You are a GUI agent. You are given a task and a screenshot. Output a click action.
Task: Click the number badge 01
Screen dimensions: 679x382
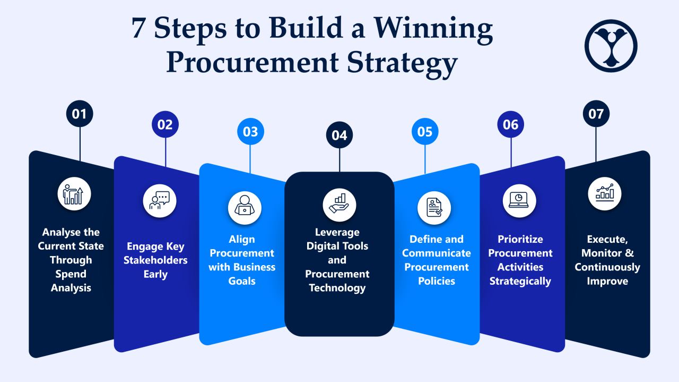tap(80, 114)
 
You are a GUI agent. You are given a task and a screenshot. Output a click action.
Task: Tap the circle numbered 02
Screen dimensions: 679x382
tap(165, 124)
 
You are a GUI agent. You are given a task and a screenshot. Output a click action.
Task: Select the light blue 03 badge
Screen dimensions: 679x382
tap(250, 131)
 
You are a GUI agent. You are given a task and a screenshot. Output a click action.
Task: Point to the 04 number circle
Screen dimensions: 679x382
tap(339, 135)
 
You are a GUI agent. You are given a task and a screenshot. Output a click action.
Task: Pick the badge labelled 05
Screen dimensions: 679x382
tap(425, 131)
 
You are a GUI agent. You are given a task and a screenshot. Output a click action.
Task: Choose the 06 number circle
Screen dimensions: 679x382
tap(510, 124)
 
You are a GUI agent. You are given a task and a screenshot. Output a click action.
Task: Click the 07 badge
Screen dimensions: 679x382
tap(596, 114)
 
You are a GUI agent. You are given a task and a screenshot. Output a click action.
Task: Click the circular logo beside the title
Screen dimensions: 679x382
tap(611, 46)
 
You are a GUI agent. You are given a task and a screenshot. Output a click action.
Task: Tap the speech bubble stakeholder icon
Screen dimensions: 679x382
tap(160, 201)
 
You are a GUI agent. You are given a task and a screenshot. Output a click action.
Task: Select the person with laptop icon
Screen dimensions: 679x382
tap(245, 208)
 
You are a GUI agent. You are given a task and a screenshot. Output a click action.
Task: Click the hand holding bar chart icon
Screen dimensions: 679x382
tap(339, 205)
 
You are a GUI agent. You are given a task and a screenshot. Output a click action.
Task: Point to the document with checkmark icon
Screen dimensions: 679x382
tap(434, 208)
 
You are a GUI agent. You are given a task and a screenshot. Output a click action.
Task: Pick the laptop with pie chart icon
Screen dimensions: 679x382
tap(519, 201)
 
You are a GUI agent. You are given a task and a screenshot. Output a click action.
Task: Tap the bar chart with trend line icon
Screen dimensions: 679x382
tap(604, 194)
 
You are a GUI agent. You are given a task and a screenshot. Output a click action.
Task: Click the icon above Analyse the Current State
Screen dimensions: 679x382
tap(74, 194)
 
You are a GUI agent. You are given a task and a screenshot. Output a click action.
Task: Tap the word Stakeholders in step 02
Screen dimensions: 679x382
tap(155, 260)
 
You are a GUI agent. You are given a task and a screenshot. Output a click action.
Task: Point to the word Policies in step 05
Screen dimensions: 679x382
tap(437, 281)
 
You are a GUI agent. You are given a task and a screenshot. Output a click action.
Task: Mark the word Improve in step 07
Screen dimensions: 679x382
tap(607, 282)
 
